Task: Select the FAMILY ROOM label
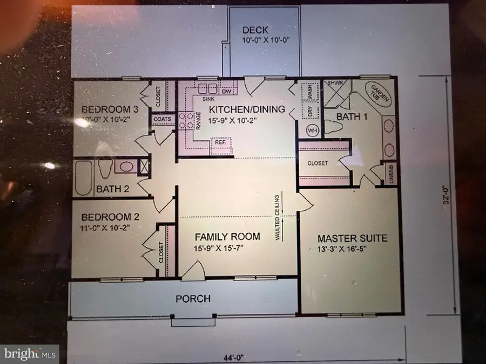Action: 227,236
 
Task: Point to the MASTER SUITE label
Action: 352,238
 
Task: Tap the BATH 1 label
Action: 351,116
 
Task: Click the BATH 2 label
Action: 112,189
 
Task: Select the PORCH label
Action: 193,298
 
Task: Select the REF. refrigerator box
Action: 220,142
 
